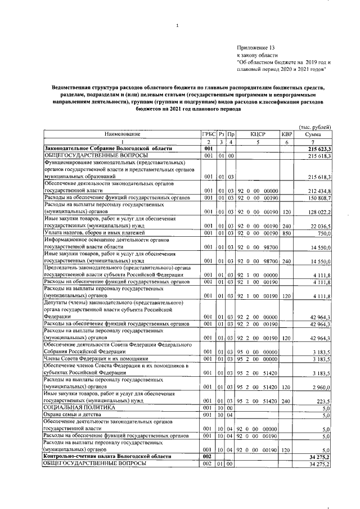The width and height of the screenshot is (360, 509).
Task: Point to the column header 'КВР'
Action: (287, 134)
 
